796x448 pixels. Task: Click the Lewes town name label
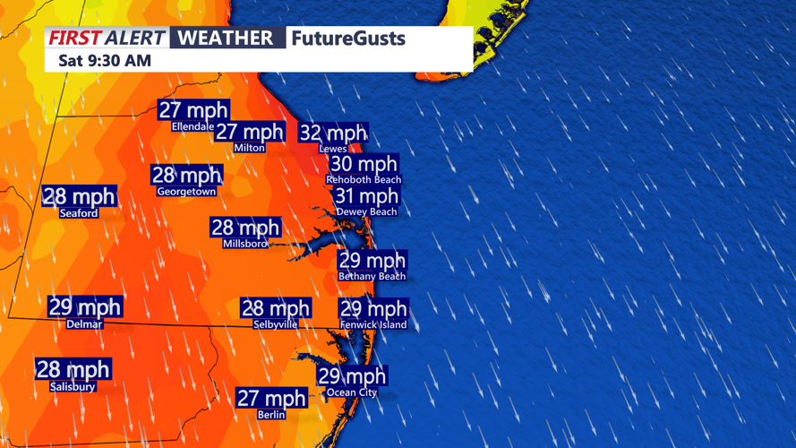click(x=332, y=149)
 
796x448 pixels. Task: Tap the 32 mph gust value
click(x=332, y=134)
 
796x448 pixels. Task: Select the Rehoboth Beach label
click(x=364, y=179)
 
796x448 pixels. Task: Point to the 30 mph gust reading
click(x=364, y=164)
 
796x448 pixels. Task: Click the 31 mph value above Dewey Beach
click(x=366, y=196)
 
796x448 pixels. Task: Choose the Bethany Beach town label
click(x=372, y=277)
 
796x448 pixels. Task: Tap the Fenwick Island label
click(x=373, y=325)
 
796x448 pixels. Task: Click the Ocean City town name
click(x=352, y=392)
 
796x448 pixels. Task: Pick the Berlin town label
click(x=270, y=415)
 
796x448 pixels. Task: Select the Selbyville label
click(x=275, y=324)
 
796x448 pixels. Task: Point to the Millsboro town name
click(x=245, y=244)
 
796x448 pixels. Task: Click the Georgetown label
click(x=186, y=192)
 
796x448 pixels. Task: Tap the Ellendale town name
click(x=193, y=127)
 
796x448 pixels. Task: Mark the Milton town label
click(x=249, y=148)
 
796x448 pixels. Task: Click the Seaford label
click(x=79, y=213)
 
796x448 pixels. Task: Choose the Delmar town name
click(x=84, y=324)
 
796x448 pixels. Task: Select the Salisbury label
click(x=73, y=387)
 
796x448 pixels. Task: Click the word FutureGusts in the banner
click(x=347, y=39)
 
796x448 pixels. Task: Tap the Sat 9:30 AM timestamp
click(x=105, y=61)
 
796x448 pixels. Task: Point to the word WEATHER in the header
click(x=226, y=38)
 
